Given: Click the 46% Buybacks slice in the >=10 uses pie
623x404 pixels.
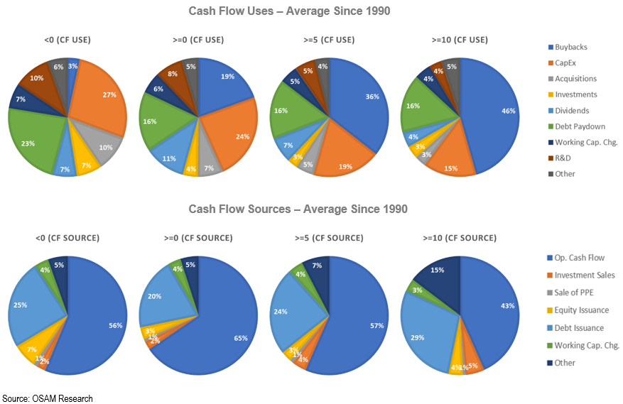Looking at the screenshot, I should click(x=490, y=114).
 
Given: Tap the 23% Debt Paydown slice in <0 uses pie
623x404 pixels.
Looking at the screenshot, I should click(x=32, y=138).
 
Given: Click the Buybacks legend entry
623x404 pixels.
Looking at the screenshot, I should click(x=572, y=47).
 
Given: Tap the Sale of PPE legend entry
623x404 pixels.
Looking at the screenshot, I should click(x=576, y=293).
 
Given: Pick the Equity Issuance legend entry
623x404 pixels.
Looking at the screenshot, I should click(x=582, y=310).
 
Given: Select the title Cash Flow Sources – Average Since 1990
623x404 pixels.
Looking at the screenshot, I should click(x=299, y=209).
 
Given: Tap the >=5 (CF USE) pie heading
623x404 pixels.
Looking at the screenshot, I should click(x=329, y=40).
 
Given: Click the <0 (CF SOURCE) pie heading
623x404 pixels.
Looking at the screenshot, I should click(x=67, y=238).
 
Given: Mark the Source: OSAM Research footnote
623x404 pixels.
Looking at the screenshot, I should click(x=48, y=398).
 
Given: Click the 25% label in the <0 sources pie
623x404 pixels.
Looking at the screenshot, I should click(x=20, y=305).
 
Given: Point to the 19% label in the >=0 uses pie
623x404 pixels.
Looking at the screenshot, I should click(x=228, y=75).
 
